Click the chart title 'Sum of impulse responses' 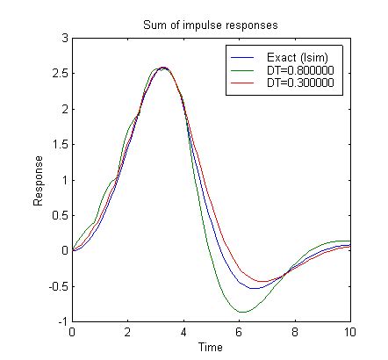tap(211, 24)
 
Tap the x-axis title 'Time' tap(211, 347)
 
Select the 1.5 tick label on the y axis tap(59, 145)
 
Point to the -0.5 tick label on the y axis tap(57, 286)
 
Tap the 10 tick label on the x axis tap(349, 333)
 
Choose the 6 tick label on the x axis tap(239, 333)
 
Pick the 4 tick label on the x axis tap(183, 333)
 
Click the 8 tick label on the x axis tap(294, 333)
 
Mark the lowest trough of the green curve tap(243, 312)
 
